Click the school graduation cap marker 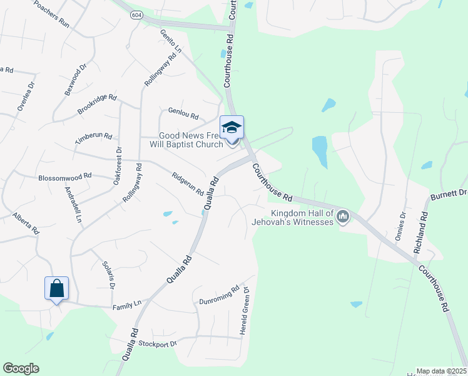231,128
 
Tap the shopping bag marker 56,289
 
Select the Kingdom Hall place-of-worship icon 342,217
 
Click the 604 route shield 136,14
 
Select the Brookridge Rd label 97,104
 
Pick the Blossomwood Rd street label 65,177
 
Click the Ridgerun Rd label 188,182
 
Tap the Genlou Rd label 183,115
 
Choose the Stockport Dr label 158,343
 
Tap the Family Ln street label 127,305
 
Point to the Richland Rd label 421,232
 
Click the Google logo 21,368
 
